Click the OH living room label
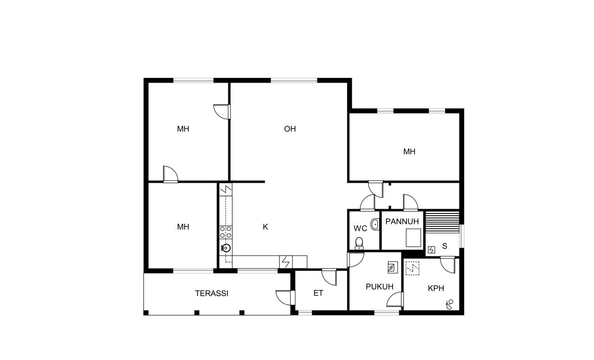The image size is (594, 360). [290, 129]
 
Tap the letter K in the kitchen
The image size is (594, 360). [265, 227]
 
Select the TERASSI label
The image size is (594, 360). [212, 293]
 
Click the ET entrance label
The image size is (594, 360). [318, 293]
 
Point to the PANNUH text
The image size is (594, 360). [402, 221]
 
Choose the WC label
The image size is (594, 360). [361, 228]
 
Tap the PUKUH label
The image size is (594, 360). [380, 287]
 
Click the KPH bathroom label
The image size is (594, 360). [436, 288]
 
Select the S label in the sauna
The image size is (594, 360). [445, 246]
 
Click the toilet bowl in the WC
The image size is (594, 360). [359, 243]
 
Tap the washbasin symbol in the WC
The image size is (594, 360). [375, 225]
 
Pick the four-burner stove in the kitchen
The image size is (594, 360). [226, 232]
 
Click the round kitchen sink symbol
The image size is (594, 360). [226, 248]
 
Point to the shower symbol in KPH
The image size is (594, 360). [449, 304]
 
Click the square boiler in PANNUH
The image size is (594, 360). [413, 238]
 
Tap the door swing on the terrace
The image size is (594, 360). [284, 297]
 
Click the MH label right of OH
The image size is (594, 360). [409, 152]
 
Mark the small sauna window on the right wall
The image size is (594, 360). [462, 236]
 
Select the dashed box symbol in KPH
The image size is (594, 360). [412, 269]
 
